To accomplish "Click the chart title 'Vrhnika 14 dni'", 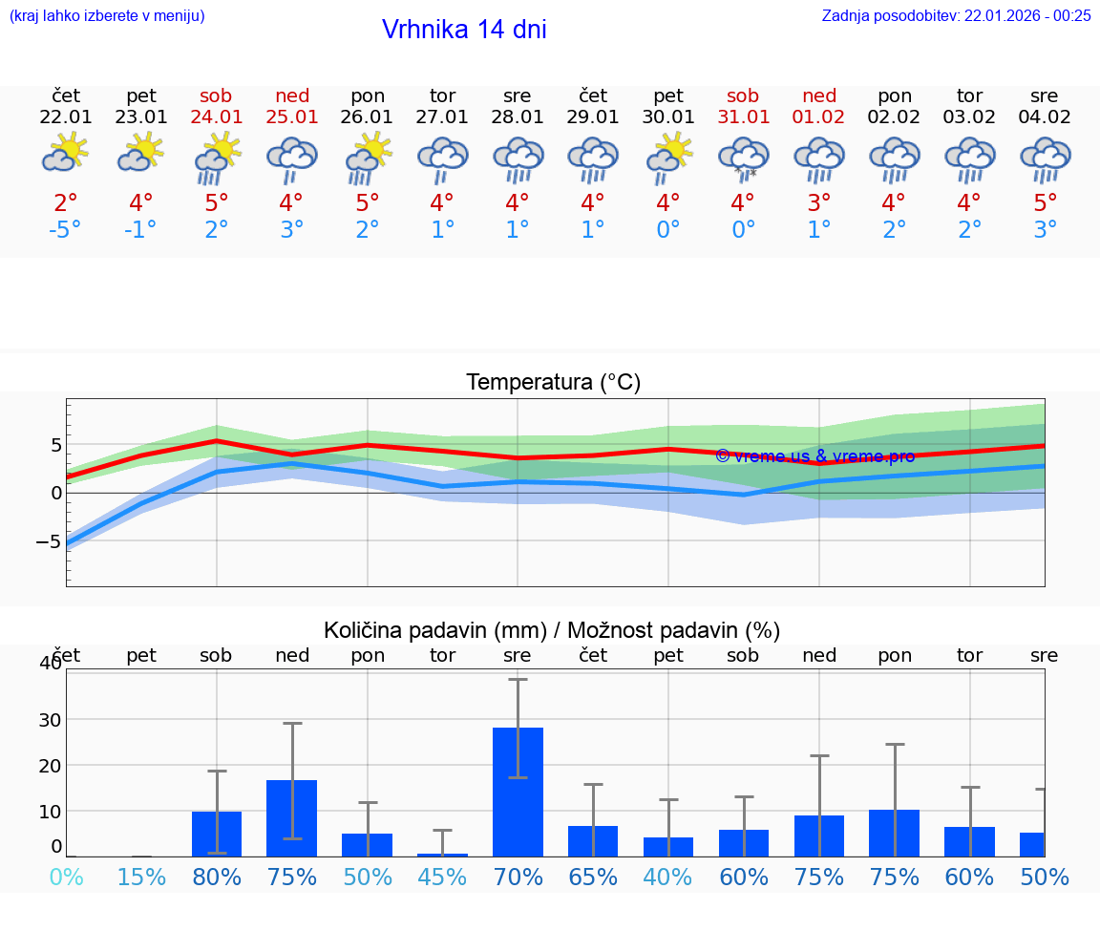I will point(464,30).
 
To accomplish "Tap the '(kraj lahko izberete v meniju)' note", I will point(106,15).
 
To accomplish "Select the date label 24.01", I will point(217,117).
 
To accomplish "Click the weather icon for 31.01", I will point(743,158).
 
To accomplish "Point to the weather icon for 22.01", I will point(66,153).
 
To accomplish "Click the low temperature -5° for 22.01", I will point(66,230).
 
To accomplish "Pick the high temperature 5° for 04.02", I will point(1045,203).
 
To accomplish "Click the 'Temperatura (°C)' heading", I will point(553,382).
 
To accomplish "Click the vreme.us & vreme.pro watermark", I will point(814,455).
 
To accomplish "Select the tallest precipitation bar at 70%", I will point(518,791).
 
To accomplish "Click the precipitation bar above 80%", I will point(217,833).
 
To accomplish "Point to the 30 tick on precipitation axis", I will point(50,719).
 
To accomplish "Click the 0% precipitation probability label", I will point(66,877).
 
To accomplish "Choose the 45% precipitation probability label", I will point(442,877).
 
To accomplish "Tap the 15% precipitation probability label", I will point(141,877).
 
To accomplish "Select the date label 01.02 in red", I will point(818,117).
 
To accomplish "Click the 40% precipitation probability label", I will point(667,877).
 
